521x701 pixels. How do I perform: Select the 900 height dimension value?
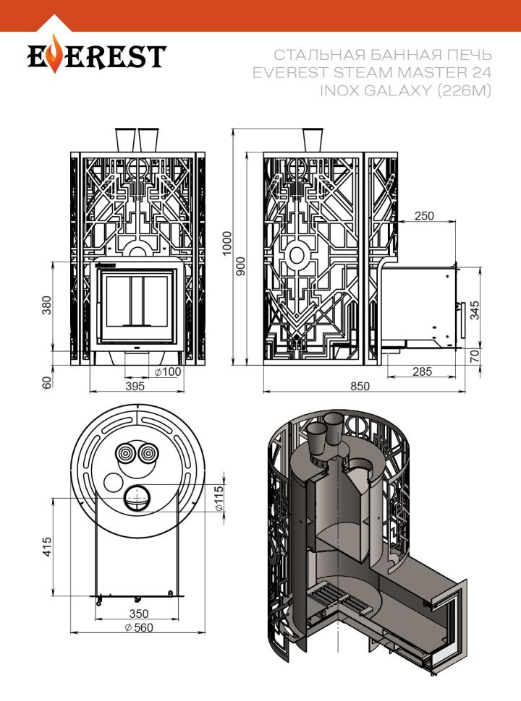(x=241, y=266)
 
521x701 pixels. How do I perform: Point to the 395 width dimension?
(x=135, y=386)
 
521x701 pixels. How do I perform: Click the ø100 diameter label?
(x=167, y=371)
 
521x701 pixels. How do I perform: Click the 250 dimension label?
(x=425, y=216)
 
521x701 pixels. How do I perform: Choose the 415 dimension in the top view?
(x=48, y=547)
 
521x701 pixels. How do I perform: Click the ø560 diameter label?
(x=139, y=627)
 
